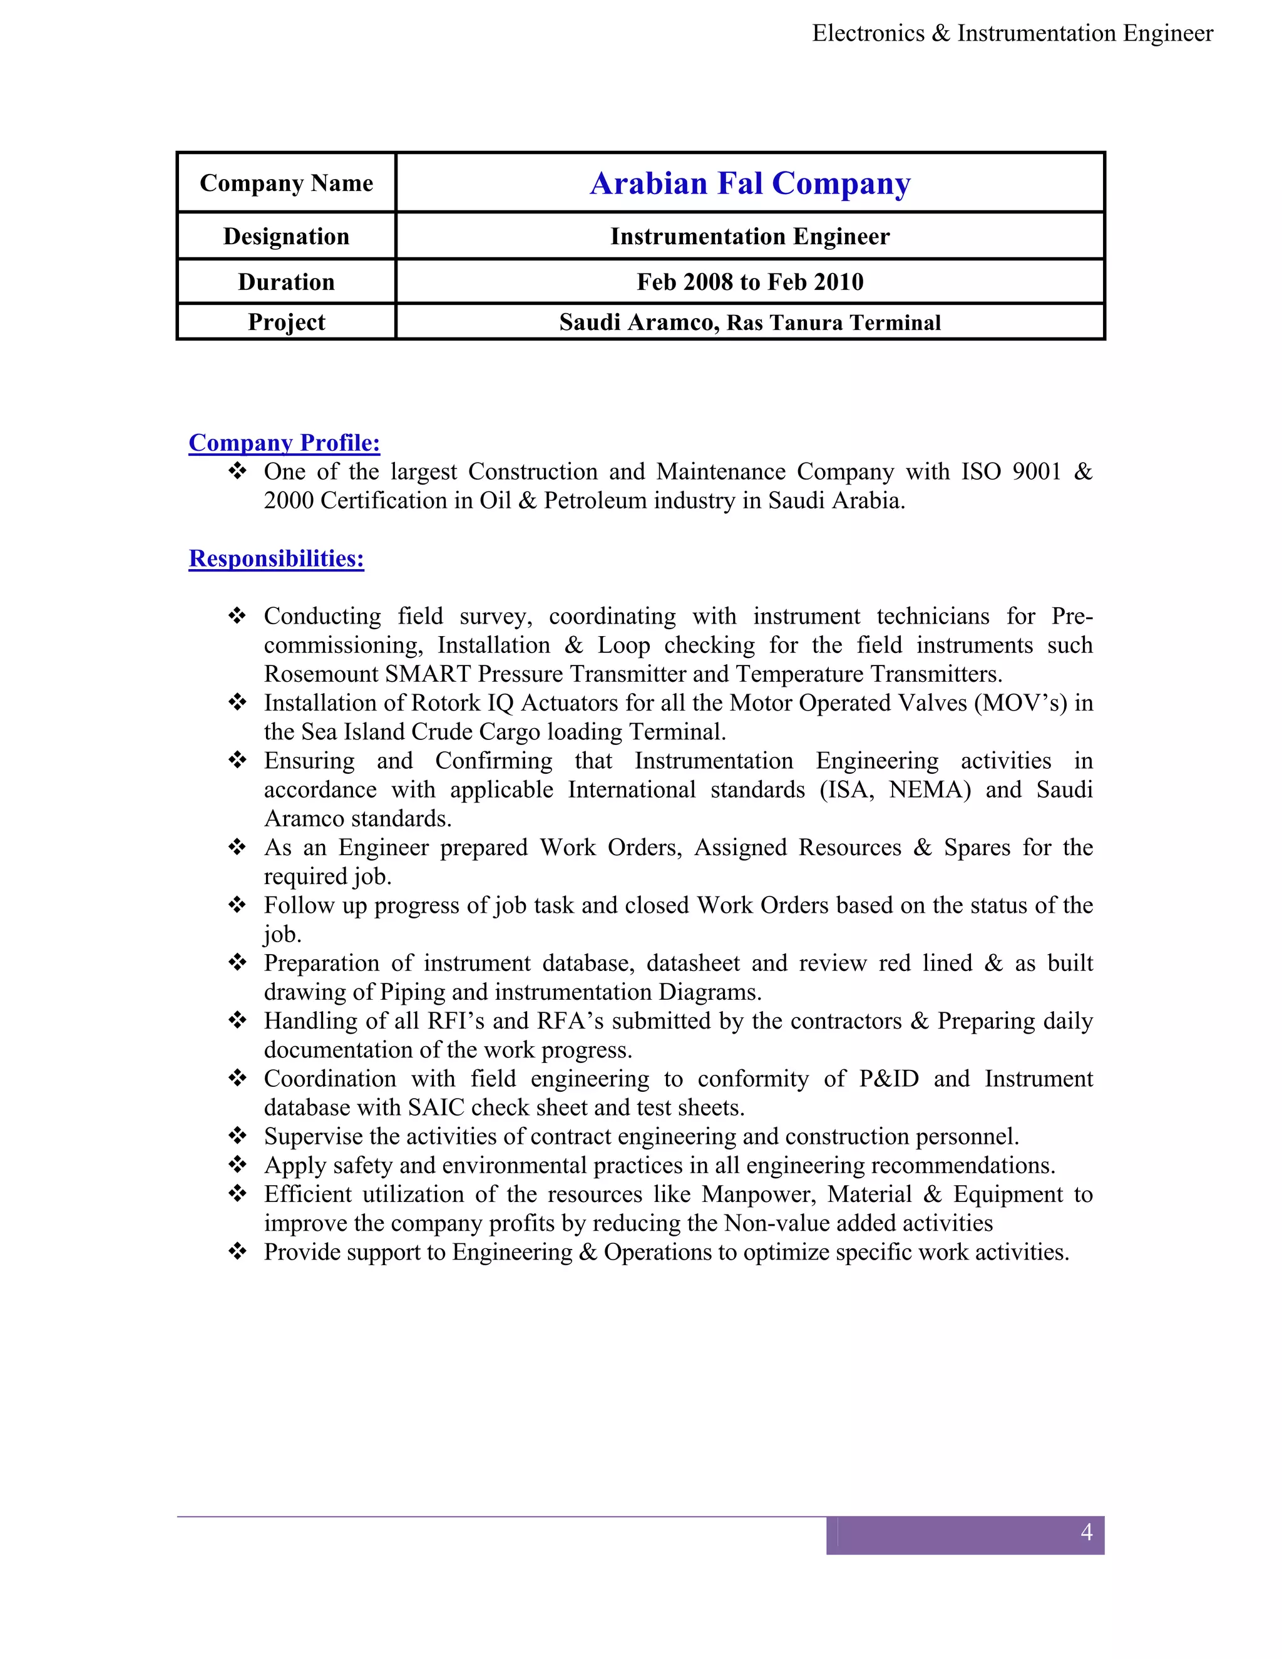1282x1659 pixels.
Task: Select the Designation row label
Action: coord(286,236)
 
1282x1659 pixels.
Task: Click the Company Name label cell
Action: coord(286,183)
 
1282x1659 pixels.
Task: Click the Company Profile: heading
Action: coord(284,442)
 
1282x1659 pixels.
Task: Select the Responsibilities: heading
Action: coord(277,558)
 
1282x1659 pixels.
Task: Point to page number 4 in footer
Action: coord(1086,1531)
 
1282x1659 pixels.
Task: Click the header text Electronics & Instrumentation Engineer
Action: coord(1012,33)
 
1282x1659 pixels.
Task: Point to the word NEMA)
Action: coord(930,789)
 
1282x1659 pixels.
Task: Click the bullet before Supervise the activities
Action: coord(238,1136)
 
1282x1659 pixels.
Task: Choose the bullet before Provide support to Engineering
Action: coord(238,1252)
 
